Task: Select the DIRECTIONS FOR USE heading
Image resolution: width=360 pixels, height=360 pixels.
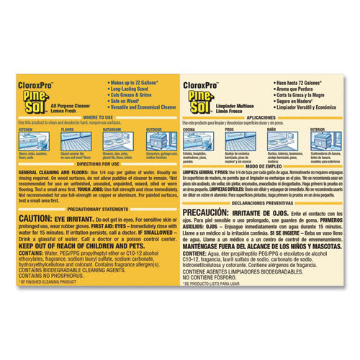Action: point(98,165)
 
